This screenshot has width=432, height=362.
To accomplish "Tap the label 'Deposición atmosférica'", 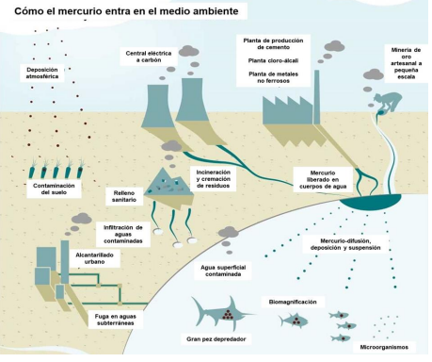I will pyautogui.click(x=49, y=74).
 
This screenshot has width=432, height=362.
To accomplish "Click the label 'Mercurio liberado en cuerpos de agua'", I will pyautogui.click(x=317, y=180).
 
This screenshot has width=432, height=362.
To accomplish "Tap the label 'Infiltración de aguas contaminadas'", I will pyautogui.click(x=124, y=233).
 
